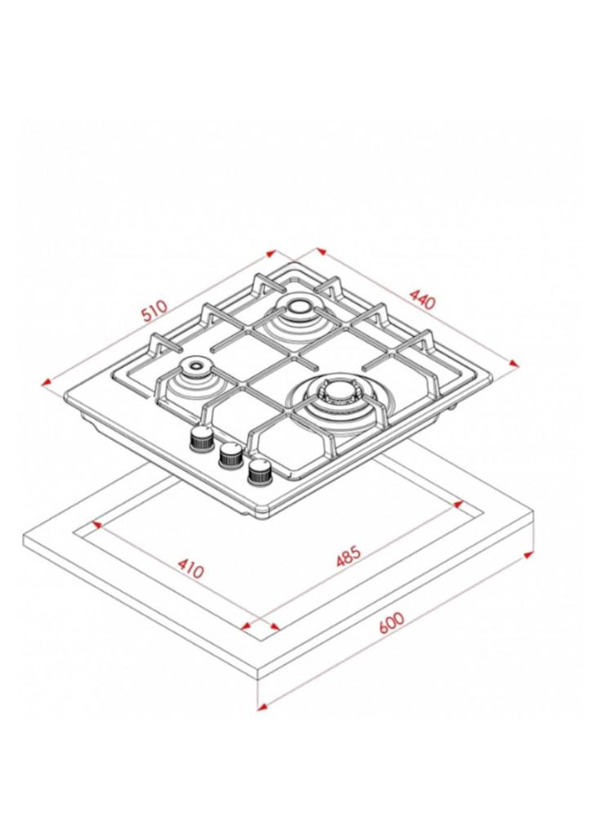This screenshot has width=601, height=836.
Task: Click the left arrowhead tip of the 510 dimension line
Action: (42, 383)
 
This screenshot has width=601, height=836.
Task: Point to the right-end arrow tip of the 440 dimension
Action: (519, 367)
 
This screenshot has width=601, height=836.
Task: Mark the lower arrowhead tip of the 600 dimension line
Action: (257, 709)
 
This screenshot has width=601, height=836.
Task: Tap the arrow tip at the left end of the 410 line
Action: (91, 523)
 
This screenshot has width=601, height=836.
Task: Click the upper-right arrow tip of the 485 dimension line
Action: (463, 501)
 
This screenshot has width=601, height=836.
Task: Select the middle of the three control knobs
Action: (231, 456)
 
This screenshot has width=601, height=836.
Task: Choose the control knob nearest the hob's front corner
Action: (260, 472)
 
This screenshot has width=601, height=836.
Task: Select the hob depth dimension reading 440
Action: (422, 299)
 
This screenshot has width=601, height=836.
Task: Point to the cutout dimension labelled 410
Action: (190, 568)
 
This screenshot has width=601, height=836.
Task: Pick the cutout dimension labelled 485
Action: (349, 556)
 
